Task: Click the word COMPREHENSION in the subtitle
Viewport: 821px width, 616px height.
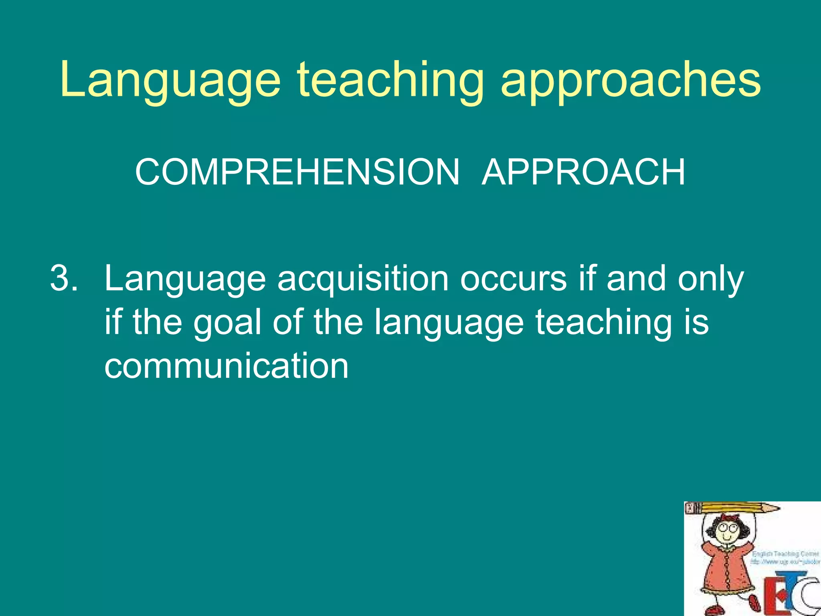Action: [x=297, y=172]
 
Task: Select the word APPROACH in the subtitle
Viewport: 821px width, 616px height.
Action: [x=583, y=172]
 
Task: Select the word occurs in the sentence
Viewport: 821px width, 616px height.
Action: [x=513, y=279]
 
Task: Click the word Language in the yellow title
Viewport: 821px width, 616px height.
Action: [x=170, y=80]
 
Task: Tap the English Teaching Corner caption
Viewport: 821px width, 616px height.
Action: [x=785, y=554]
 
